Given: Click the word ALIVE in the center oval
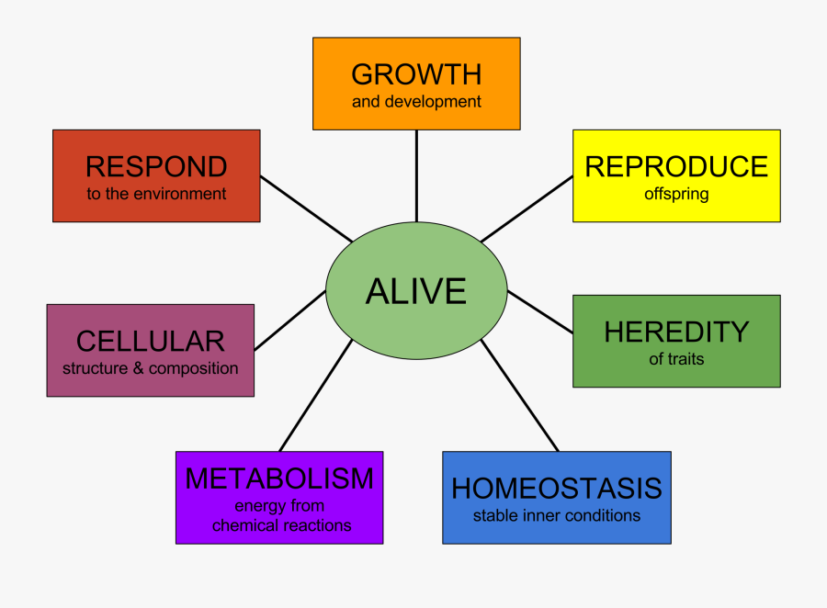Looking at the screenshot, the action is coord(416,291).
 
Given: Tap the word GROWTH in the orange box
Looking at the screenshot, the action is coord(416,74).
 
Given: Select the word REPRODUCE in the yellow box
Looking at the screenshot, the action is coord(676,166).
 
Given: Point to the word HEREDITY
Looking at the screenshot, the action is coord(676,332).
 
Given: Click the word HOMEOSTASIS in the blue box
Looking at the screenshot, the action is coord(557,489).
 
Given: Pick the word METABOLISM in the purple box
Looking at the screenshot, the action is coord(279,479).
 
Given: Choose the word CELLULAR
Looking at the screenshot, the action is coord(151,341).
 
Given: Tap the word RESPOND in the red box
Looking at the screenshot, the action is coord(156,166).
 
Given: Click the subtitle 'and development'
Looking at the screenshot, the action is coord(416,101).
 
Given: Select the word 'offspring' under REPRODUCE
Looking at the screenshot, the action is coord(676,195).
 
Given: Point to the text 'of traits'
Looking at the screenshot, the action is coord(676,359).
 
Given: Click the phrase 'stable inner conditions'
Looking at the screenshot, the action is coord(557,515).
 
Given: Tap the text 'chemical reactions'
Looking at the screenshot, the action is coord(282,525).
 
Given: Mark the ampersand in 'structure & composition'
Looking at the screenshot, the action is coord(138,368).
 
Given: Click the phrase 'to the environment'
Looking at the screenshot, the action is coord(156,194).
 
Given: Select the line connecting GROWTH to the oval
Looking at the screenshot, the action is coord(416,176).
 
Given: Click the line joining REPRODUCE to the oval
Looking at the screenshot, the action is coord(527,208).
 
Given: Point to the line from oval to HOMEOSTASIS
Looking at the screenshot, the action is coord(520,396).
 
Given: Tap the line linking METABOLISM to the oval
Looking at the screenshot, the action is coord(315,396).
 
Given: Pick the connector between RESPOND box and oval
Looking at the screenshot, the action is coord(306,208).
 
